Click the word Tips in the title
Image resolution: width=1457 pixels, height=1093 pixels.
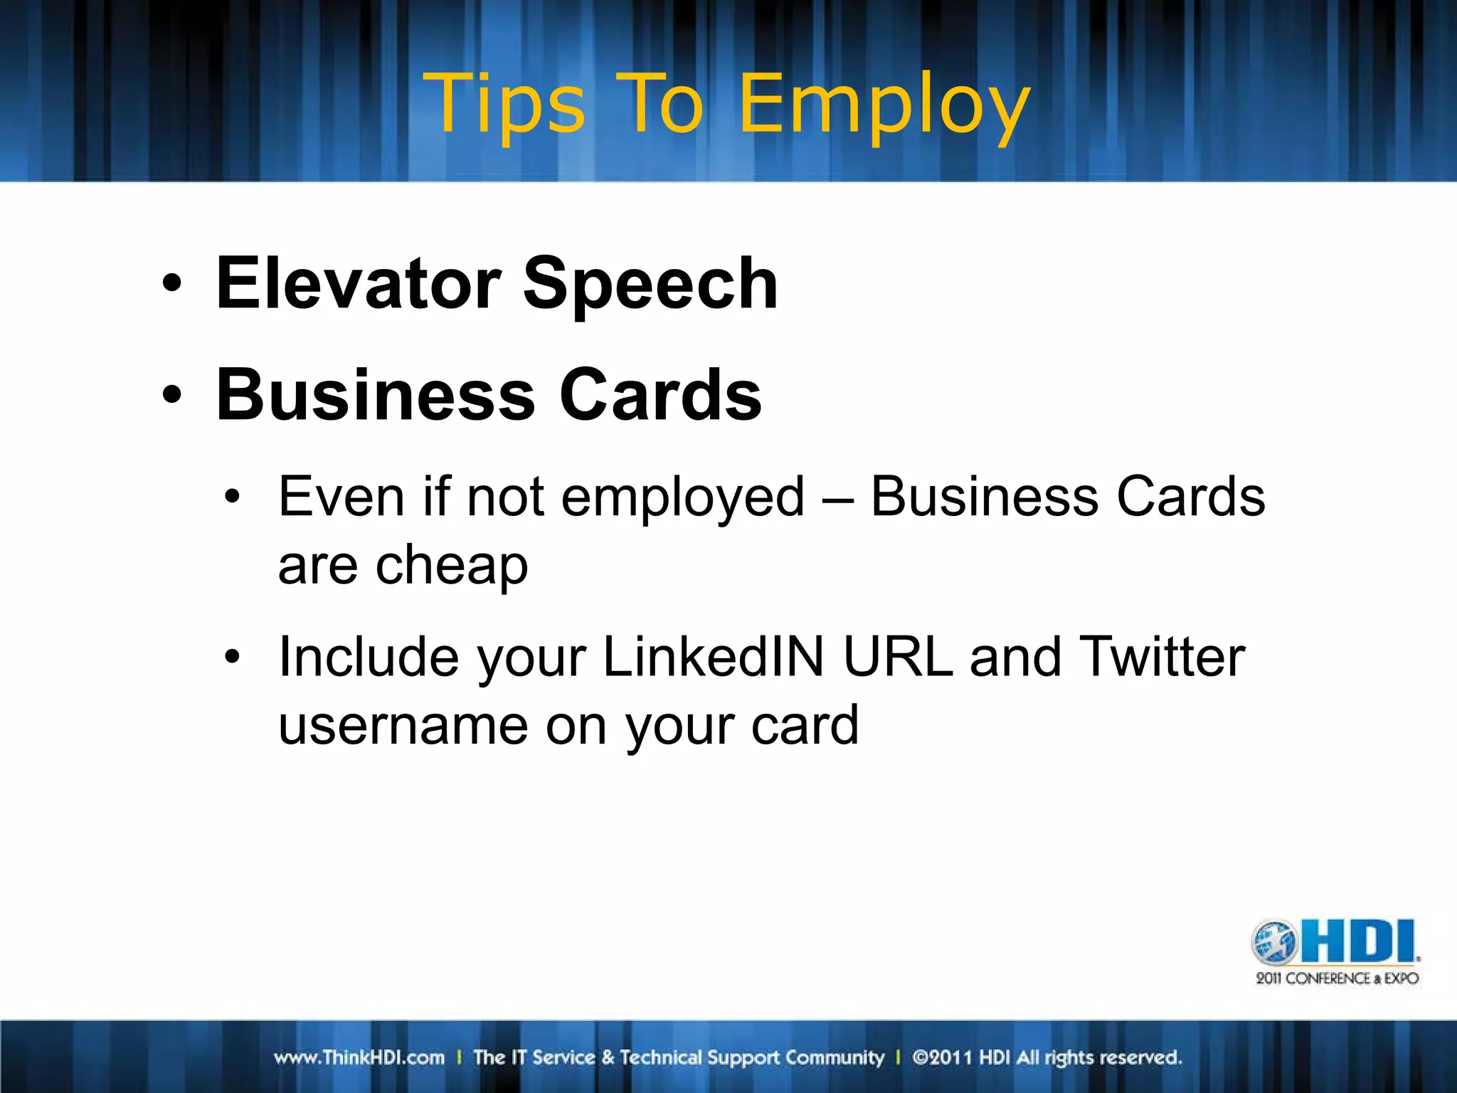coord(504,105)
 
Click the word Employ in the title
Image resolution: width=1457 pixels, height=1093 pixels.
coord(884,107)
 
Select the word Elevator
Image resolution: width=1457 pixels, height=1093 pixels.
coord(359,284)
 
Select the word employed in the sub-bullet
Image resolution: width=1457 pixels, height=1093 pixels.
coord(683,498)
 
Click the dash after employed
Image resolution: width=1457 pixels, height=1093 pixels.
coord(837,498)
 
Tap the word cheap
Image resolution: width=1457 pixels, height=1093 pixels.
coord(452,566)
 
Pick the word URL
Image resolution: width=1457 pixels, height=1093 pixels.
coord(898,657)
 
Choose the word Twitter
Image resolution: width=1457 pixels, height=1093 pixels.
coord(1162,657)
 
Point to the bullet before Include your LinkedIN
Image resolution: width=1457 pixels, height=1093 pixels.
coord(232,657)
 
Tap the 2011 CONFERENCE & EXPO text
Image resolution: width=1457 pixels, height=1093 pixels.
coord(1337,978)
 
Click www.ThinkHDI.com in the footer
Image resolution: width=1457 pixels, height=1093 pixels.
coord(359,1057)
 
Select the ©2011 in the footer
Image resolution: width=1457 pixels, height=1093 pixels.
coord(942,1057)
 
